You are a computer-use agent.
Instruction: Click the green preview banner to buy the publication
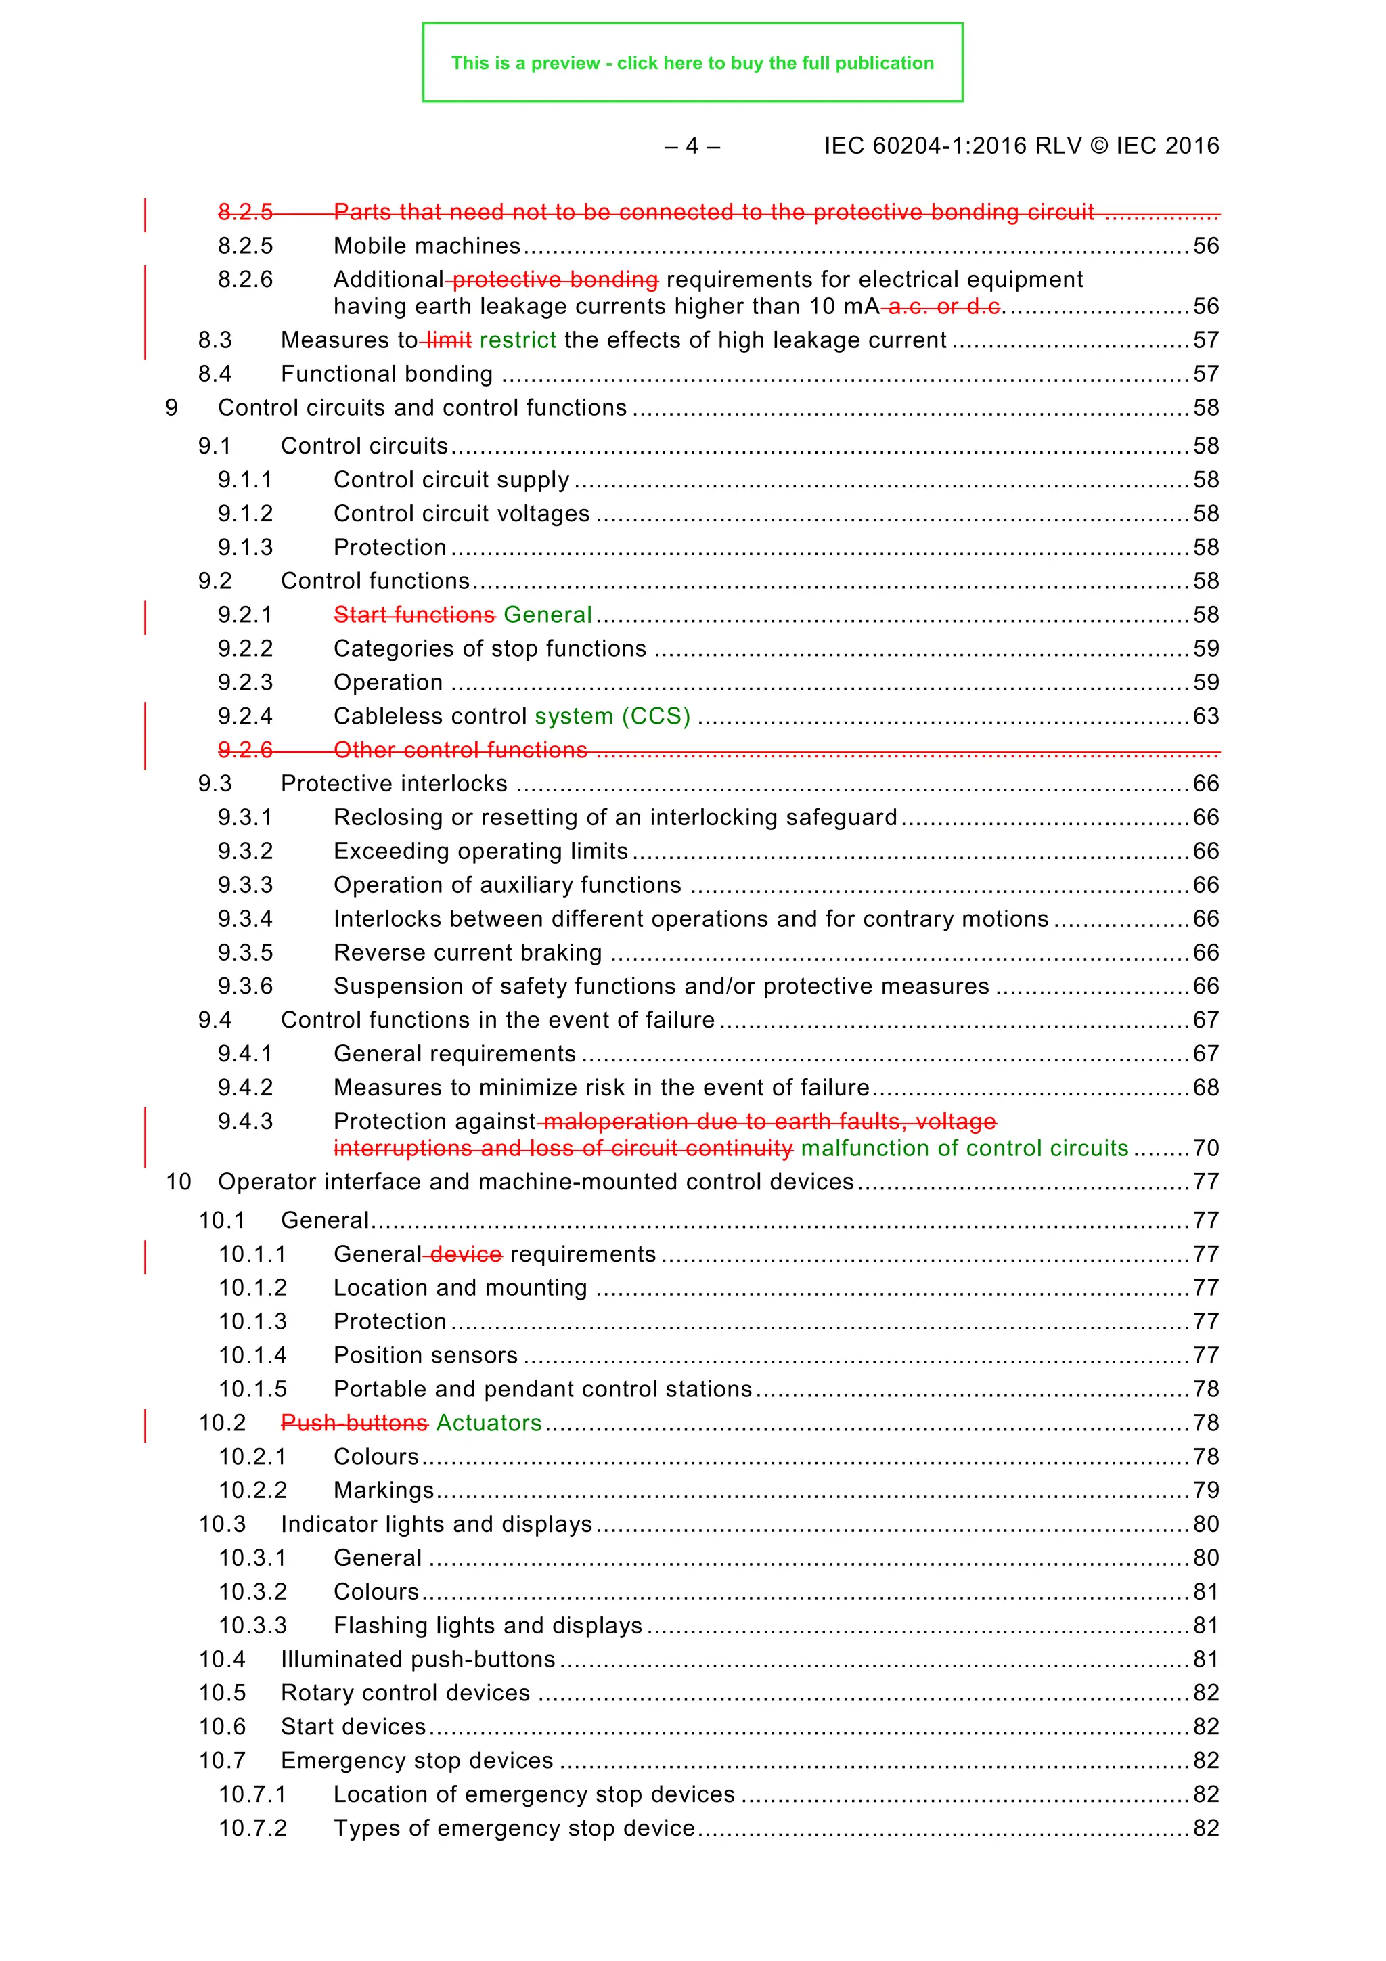tap(692, 62)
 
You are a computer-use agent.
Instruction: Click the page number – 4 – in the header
tap(692, 146)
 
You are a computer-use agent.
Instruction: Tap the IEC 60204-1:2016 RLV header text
tap(1021, 146)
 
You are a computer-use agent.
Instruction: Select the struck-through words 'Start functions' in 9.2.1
tap(414, 615)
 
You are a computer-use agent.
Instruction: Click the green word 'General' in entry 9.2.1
tap(547, 615)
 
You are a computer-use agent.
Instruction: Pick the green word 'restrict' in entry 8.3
tap(518, 340)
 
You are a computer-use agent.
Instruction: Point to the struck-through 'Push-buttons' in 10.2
tap(355, 1423)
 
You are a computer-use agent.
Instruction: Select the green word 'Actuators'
tap(489, 1423)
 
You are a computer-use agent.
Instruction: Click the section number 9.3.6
tap(245, 986)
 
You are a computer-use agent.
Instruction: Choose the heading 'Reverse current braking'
tap(468, 952)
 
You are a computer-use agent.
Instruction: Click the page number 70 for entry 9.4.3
tap(1206, 1148)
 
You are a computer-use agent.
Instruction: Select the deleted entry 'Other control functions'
tap(460, 750)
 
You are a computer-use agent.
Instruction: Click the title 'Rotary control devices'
tap(405, 1693)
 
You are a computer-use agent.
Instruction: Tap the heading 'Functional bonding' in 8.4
tap(387, 374)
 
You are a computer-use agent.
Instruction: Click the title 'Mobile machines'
tap(427, 246)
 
